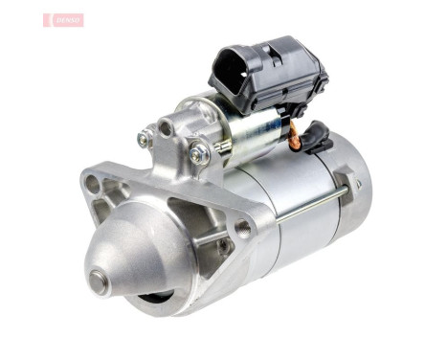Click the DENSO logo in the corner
tap(63, 19)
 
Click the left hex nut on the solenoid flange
tap(145, 140)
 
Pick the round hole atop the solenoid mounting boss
tap(167, 126)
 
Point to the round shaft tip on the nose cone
tap(99, 279)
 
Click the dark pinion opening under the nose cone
tap(153, 298)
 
